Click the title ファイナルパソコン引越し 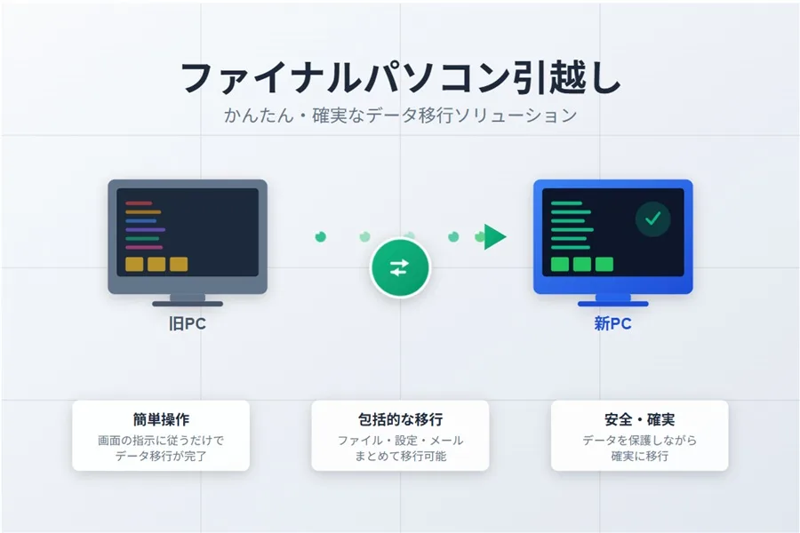click(400, 79)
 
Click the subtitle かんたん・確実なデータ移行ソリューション click(400, 115)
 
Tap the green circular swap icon click(399, 268)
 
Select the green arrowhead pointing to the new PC click(494, 236)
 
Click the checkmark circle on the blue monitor click(653, 219)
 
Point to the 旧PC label click(187, 324)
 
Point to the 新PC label click(612, 324)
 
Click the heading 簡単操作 click(161, 419)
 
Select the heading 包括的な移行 click(400, 419)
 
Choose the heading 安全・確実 click(639, 419)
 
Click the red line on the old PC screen click(139, 203)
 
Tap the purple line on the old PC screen click(145, 229)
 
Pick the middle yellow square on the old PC click(156, 264)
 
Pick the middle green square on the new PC click(582, 264)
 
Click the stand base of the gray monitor click(188, 303)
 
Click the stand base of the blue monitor click(612, 303)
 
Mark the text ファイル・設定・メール click(400, 441)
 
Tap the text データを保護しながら click(639, 441)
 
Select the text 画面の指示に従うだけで click(161, 441)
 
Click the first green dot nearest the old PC click(321, 236)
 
